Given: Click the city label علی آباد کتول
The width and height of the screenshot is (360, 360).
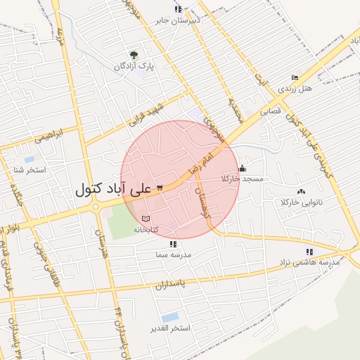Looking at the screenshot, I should (112, 189).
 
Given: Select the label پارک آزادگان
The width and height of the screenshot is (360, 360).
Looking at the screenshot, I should (135, 66).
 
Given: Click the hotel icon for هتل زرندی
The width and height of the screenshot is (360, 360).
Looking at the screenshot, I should (295, 78).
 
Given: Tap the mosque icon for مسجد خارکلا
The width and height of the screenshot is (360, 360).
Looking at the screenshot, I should (243, 168).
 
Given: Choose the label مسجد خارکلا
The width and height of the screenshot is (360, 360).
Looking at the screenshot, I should (242, 179).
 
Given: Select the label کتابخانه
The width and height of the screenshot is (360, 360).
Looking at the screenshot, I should (146, 229).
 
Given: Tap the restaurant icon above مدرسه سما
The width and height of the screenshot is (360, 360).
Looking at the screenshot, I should (173, 244).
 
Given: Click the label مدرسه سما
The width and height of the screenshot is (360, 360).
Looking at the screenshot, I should (173, 255).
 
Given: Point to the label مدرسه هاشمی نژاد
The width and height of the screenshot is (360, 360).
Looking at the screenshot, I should (310, 262).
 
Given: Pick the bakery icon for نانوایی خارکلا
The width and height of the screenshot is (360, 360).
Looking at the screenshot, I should (301, 191).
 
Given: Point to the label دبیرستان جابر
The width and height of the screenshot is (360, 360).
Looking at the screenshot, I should (178, 20).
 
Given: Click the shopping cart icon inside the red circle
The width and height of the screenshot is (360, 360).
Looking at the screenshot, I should (160, 187).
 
